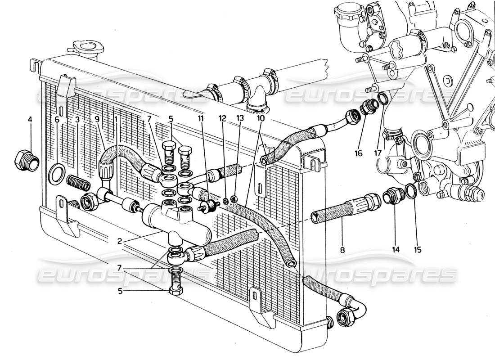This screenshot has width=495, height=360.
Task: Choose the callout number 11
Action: pos(201,120)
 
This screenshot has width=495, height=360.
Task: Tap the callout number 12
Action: pos(222,120)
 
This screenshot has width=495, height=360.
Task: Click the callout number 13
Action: pos(239,120)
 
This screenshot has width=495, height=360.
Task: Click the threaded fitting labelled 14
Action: pos(391,197)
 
